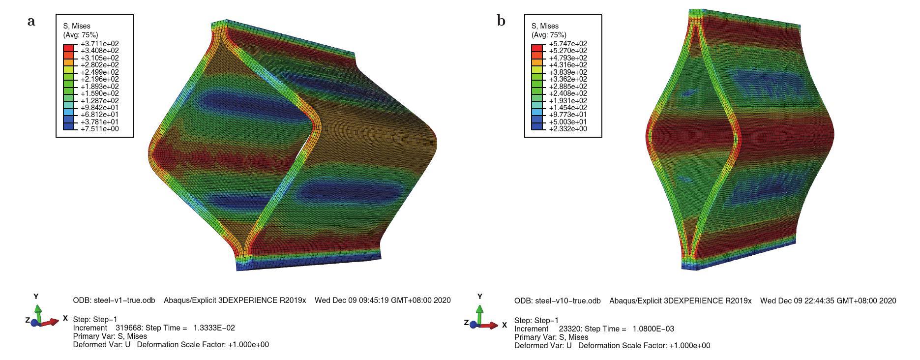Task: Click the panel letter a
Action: pyautogui.click(x=31, y=22)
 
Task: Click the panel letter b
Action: pyautogui.click(x=501, y=21)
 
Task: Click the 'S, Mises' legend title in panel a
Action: pyautogui.click(x=77, y=26)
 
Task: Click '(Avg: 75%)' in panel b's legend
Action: pyautogui.click(x=549, y=35)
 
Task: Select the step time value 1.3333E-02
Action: pyautogui.click(x=212, y=328)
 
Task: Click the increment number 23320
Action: pyautogui.click(x=570, y=329)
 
